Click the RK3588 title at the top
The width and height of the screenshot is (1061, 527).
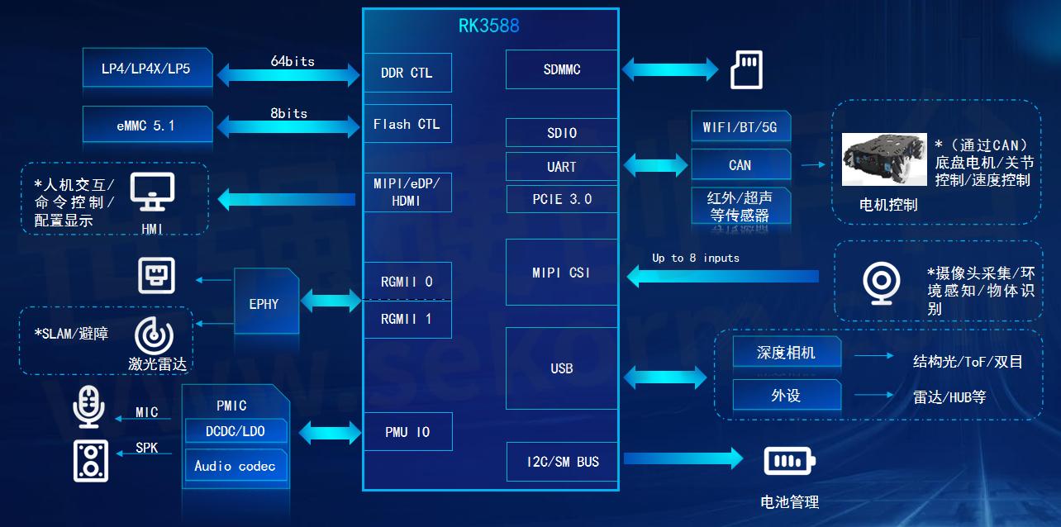coord(489,26)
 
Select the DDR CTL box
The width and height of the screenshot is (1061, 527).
coord(407,73)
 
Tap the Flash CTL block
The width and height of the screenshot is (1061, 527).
coord(407,124)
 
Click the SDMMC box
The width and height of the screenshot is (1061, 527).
coord(561,70)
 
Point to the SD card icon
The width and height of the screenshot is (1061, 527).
coord(747,69)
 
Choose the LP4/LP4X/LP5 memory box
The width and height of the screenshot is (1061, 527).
coord(146,69)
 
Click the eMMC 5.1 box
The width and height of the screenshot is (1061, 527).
coord(146,126)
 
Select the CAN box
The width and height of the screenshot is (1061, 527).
coord(740,165)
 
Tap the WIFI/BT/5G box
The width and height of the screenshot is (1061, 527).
coord(740,127)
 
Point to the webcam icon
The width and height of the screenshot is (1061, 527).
coord(878,284)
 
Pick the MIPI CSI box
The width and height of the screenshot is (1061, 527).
coord(561,273)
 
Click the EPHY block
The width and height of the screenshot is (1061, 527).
coord(264,303)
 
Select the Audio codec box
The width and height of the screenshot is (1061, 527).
coord(236,466)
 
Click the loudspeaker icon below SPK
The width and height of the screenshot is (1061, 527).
coord(90,460)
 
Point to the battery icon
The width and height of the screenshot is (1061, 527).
coord(789,460)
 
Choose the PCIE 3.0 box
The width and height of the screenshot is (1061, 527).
coord(561,199)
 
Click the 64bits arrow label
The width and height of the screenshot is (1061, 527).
coord(293,61)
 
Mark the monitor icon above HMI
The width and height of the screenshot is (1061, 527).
coord(153,192)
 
